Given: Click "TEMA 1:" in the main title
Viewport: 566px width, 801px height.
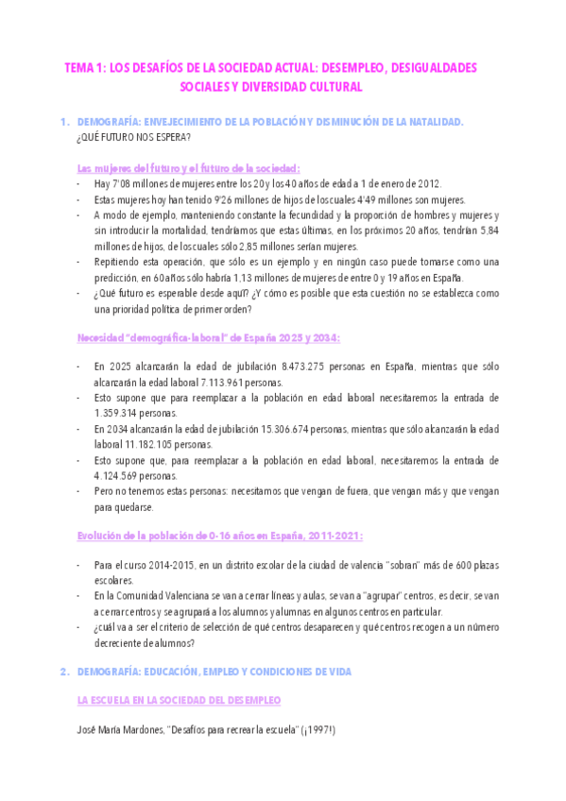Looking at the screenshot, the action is [84, 68].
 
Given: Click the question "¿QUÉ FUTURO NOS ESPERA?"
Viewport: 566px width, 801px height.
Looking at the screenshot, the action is [132, 138].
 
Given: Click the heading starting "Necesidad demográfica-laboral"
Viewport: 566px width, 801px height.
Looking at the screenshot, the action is [208, 337].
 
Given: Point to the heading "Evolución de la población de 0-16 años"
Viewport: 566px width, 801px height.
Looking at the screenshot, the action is [218, 536].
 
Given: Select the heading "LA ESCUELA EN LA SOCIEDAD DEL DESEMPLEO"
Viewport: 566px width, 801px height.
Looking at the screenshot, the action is [178, 700].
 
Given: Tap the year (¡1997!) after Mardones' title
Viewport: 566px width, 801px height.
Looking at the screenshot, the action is [319, 731].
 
